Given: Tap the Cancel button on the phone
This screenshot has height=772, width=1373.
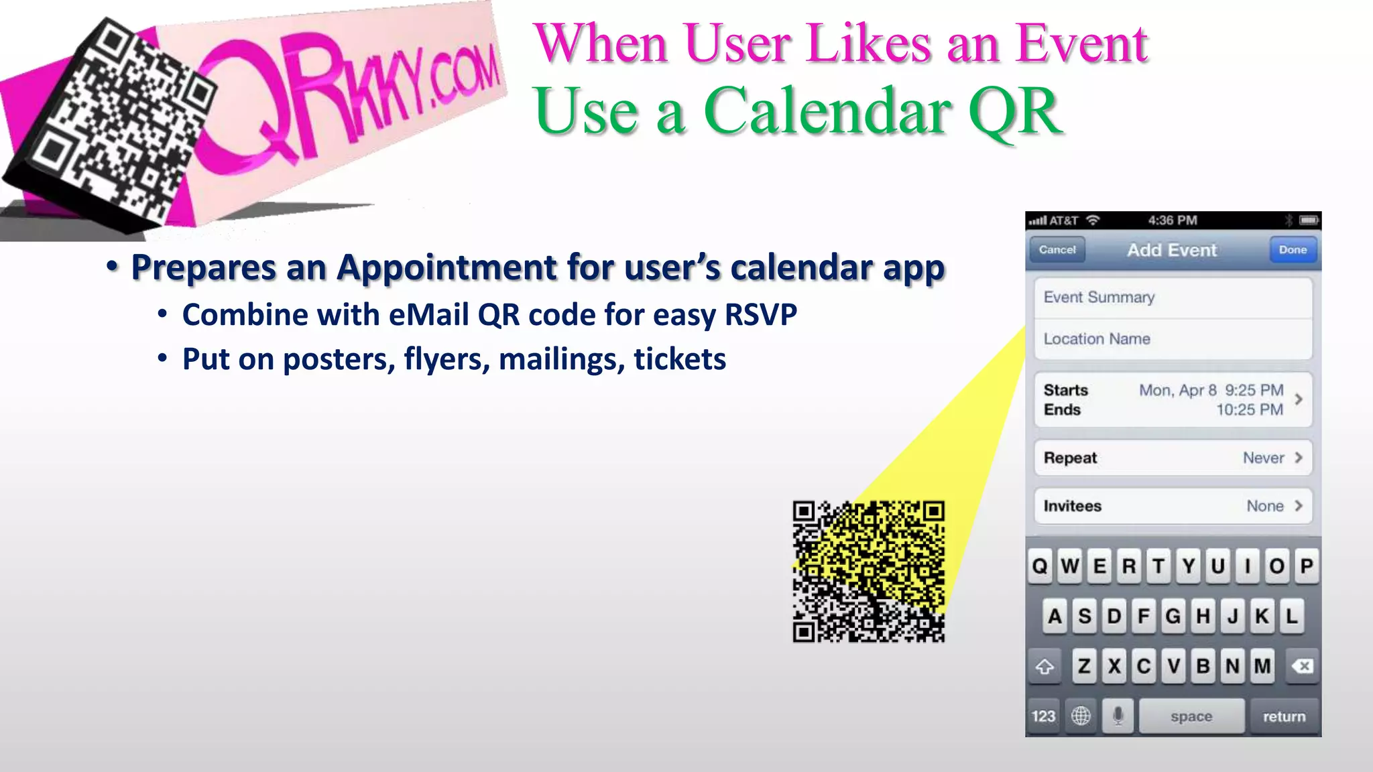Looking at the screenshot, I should click(1057, 250).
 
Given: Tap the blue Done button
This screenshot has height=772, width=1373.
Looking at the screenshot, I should click(1293, 250).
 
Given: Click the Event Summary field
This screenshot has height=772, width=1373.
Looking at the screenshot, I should click(1173, 298).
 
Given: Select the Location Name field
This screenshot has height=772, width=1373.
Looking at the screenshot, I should click(1173, 339).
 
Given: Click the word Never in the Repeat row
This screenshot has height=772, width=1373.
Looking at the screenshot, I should click(1263, 458).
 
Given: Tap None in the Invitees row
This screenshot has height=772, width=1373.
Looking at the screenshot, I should click(1265, 506).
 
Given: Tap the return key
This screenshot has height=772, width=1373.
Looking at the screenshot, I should click(1284, 716).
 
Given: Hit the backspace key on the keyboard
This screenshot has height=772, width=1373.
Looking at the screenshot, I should click(1302, 666).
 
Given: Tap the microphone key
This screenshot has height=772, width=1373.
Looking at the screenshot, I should click(1118, 716).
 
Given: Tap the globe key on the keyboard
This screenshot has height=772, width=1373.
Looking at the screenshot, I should click(1081, 716).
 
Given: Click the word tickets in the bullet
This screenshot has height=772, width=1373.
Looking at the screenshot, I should click(679, 359).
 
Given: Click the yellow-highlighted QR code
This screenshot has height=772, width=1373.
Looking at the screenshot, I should click(869, 572).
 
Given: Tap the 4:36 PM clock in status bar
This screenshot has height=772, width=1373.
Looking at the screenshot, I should click(1172, 220).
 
